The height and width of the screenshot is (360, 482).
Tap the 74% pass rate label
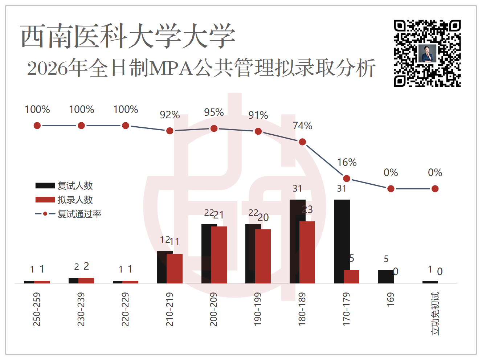coord(303,126)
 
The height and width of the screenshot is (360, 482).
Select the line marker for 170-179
coord(347,179)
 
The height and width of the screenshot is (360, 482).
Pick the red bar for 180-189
coord(307,253)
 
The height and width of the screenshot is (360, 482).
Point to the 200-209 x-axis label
coord(213,309)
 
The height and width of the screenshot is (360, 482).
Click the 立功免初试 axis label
coord(435,314)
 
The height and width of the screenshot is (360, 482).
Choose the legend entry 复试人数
coord(64,186)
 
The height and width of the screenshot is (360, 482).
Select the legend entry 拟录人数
coord(64,200)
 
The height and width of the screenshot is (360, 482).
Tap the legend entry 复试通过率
coord(68,214)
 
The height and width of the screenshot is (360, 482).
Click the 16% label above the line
coord(347,163)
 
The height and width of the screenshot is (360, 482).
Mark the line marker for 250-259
coord(37,126)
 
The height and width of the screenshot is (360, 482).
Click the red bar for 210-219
coord(175,269)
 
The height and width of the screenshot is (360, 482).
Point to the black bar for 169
coord(386,277)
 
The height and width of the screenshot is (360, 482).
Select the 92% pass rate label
coord(170,115)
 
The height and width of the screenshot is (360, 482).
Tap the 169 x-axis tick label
coord(390,299)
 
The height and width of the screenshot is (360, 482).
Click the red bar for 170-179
coord(351,277)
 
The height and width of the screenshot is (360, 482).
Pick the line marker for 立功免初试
coord(435,189)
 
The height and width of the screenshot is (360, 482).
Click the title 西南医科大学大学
coord(128,36)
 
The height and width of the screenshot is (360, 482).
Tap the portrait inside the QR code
coord(427,53)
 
